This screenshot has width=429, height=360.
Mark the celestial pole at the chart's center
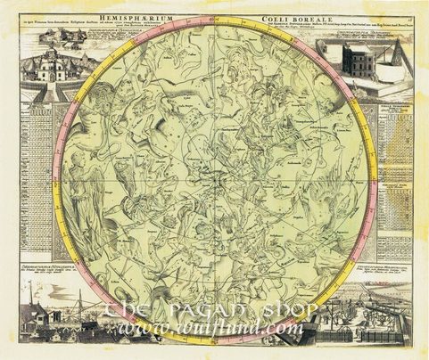coord(214,177)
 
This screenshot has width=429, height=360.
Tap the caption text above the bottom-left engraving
coord(45,268)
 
